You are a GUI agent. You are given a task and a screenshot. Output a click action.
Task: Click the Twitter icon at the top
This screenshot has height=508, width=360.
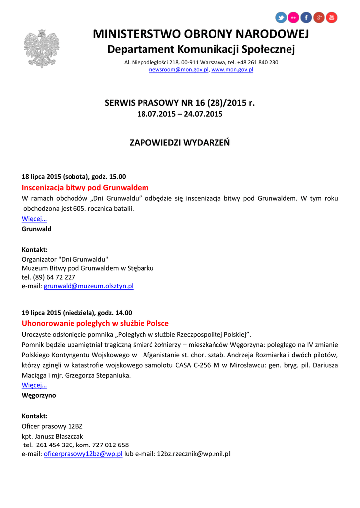[281, 18]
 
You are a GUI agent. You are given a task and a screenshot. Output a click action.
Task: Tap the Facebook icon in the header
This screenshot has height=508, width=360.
[306, 18]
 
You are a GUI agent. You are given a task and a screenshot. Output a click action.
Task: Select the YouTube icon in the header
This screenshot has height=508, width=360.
[331, 18]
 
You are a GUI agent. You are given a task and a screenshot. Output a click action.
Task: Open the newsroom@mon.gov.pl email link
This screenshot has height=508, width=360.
[179, 70]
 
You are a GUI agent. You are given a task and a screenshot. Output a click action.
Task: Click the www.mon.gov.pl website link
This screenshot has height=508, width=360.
[232, 70]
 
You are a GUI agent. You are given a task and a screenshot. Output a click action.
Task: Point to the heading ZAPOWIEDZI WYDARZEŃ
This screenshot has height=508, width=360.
[179, 143]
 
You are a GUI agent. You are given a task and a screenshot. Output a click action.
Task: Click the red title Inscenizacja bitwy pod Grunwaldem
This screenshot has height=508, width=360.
[85, 188]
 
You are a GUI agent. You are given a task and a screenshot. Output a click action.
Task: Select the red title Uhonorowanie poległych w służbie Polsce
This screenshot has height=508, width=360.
[95, 323]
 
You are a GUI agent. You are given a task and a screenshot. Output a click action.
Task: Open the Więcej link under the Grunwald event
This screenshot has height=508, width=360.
[34, 219]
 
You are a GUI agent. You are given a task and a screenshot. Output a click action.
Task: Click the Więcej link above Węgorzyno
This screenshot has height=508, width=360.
[34, 385]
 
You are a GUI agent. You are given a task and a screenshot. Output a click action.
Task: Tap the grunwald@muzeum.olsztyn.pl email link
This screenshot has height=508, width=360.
[88, 286]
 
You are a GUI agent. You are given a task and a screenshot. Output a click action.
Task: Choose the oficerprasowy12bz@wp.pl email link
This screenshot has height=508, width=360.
[83, 454]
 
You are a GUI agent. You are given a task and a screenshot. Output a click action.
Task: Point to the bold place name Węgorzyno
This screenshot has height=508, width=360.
[39, 395]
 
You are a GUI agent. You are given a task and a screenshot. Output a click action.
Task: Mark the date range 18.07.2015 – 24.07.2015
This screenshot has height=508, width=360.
[179, 114]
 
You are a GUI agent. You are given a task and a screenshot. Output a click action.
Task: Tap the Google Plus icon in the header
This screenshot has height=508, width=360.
[319, 18]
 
